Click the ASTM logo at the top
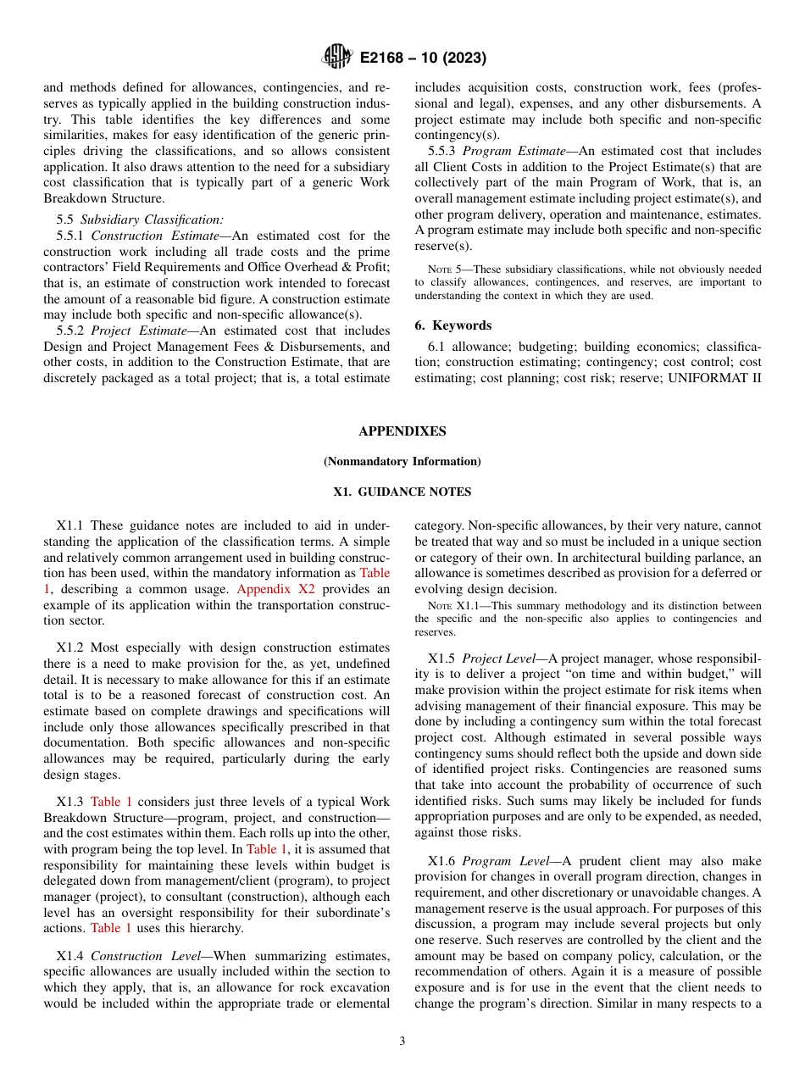coord(337,58)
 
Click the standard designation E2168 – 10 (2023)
coord(422,58)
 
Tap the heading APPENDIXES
coord(402,431)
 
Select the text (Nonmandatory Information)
coord(402,462)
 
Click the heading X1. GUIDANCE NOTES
coord(402,492)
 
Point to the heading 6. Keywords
coord(452,325)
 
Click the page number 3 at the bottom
coord(402,1041)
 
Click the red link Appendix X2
coord(272,589)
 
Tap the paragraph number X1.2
coord(71,647)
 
